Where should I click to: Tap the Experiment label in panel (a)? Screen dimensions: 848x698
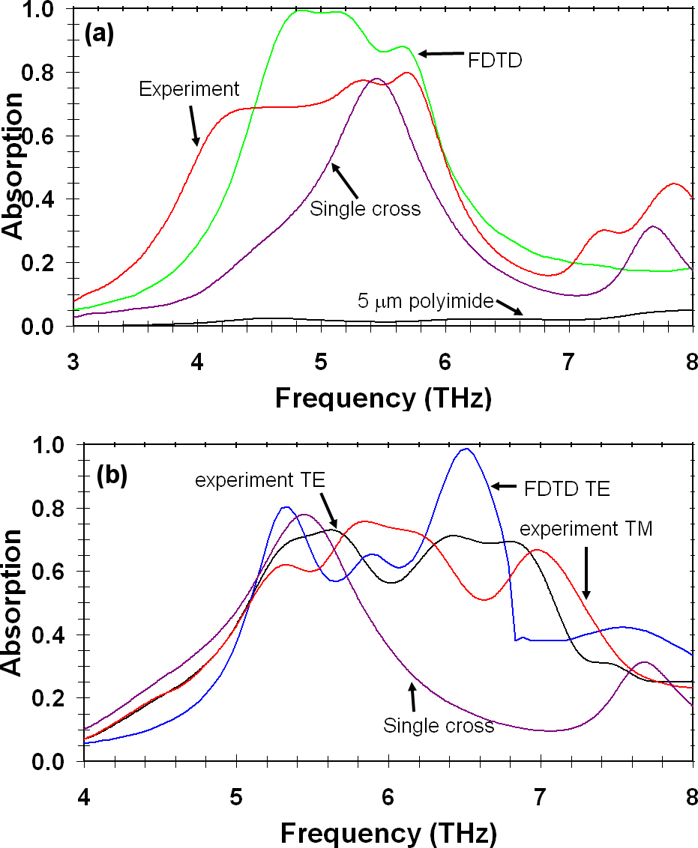pos(189,89)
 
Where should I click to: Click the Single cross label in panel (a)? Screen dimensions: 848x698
pos(365,208)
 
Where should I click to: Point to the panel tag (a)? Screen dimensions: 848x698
pos(98,34)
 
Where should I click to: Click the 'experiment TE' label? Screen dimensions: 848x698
pos(259,481)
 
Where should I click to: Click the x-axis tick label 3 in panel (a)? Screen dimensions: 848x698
pos(73,360)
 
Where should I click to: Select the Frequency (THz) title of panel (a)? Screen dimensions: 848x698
pos(383,399)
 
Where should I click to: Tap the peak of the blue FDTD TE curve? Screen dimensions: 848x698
pos(466,449)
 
